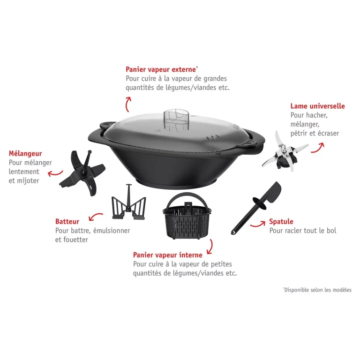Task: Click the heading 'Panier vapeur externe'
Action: pos(162,69)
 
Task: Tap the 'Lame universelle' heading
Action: pos(317,106)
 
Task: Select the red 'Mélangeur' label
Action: pos(25,154)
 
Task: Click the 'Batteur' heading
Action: pos(67,221)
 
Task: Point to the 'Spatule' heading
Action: pos(281,221)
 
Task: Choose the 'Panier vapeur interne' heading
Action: pos(168,255)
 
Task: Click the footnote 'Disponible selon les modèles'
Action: pos(317,290)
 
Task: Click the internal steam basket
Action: pos(187,216)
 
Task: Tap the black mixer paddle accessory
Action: pos(82,172)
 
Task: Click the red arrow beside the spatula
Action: pos(258,224)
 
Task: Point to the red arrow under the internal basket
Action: pos(210,247)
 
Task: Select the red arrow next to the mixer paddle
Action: pos(55,173)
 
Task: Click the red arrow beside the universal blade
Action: pos(318,148)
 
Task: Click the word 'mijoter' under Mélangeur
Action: pos(28,180)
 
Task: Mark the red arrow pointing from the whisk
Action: pos(96,216)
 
